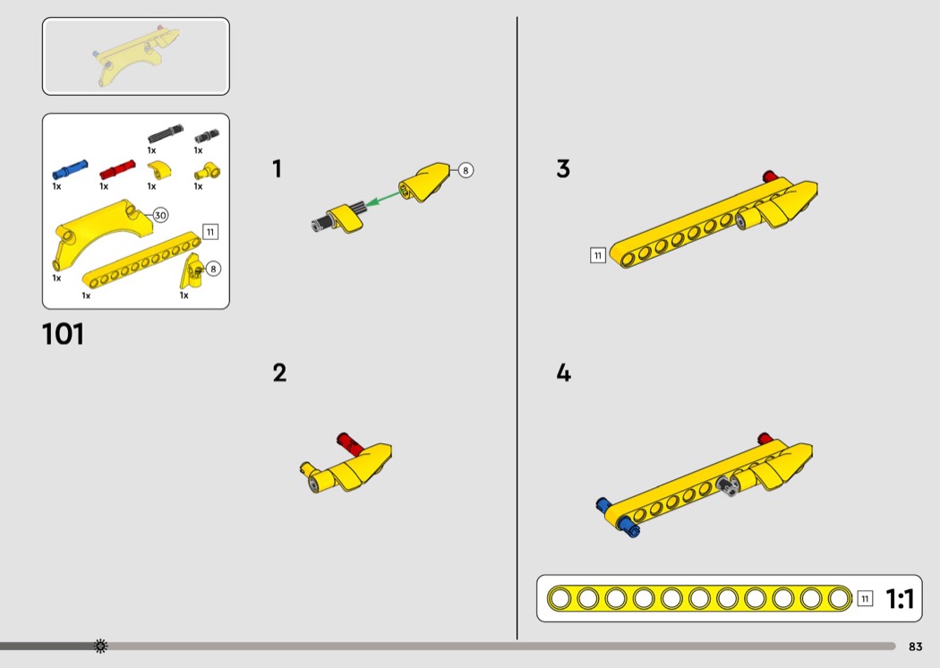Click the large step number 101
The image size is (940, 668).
[x=63, y=334]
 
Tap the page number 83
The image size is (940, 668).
[x=915, y=647]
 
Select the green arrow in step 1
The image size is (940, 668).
[x=383, y=197]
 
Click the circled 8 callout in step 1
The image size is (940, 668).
[x=466, y=170]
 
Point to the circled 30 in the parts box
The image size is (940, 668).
[x=160, y=215]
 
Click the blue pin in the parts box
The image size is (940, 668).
[x=70, y=170]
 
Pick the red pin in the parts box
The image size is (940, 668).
[x=117, y=170]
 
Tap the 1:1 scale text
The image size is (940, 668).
[x=900, y=598]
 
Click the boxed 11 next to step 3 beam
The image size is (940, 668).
[x=598, y=255]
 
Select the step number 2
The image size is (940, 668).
[x=279, y=373]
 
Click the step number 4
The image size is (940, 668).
[x=563, y=373]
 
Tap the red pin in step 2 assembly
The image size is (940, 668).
[x=349, y=443]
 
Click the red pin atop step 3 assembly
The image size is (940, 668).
[x=770, y=176]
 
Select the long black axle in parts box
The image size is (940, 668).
[x=166, y=133]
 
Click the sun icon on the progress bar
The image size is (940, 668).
[x=100, y=646]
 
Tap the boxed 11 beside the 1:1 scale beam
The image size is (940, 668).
[x=865, y=598]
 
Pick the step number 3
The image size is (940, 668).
[x=563, y=168]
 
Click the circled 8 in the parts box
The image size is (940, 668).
[x=213, y=269]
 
